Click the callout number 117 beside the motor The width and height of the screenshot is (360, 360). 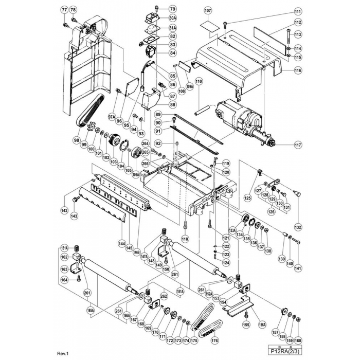point(298,145)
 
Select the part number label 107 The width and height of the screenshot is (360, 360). point(208,11)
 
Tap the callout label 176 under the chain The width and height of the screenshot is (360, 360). point(214,340)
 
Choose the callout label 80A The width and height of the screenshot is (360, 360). point(158,18)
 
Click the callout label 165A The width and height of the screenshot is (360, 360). point(91,311)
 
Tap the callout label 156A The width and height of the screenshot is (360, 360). point(262,325)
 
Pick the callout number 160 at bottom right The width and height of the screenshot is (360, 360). point(298,340)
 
